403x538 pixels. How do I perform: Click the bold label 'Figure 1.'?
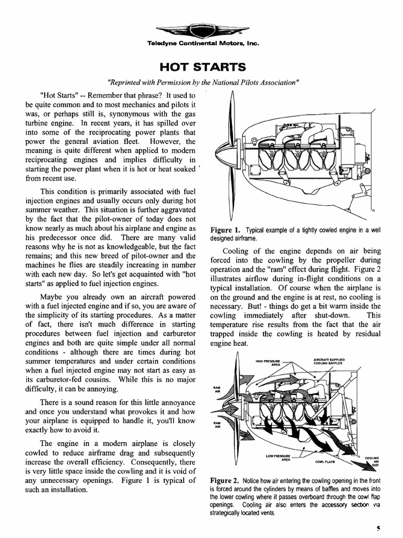click(x=225, y=230)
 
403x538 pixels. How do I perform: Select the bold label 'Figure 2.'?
click(x=225, y=481)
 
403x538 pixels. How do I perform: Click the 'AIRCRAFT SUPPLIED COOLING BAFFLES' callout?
click(x=328, y=361)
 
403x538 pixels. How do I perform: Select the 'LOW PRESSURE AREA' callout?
click(x=278, y=457)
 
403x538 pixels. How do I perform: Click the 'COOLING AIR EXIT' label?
click(x=372, y=461)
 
